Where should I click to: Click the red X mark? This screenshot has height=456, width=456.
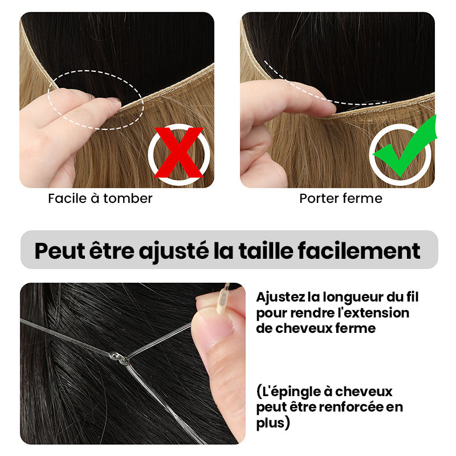point(178,153)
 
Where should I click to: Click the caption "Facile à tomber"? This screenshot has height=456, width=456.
point(100,198)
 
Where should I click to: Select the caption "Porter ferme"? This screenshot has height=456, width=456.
point(341,198)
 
